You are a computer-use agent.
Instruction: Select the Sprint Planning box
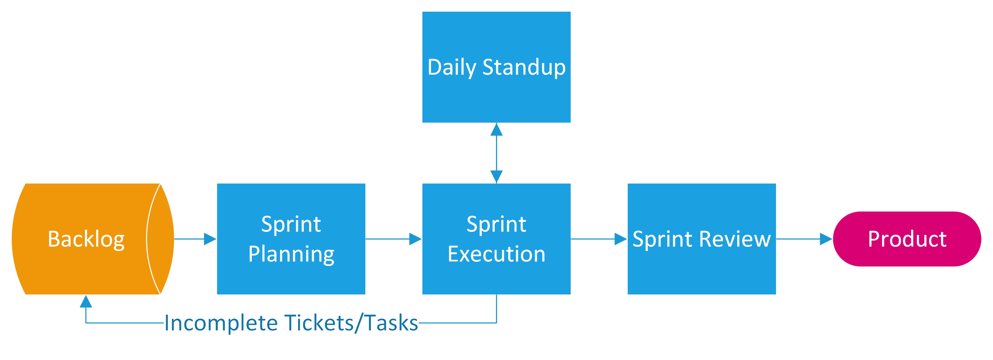(x=291, y=239)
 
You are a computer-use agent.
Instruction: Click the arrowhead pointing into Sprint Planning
(x=210, y=239)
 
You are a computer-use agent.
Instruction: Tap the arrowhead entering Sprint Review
(x=621, y=239)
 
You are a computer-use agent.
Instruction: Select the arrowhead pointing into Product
(x=826, y=239)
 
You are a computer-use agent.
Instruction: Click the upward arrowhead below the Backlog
(x=86, y=302)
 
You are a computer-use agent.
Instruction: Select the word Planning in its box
(x=291, y=255)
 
